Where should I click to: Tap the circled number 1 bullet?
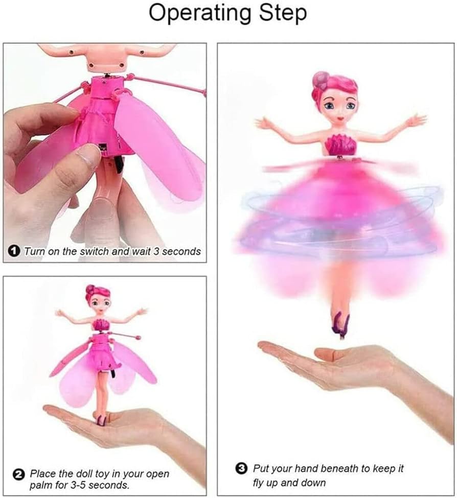[14, 251]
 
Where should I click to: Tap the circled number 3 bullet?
[241, 468]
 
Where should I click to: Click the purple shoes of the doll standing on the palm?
[101, 420]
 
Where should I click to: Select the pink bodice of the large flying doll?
[340, 144]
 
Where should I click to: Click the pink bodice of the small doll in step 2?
[100, 324]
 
